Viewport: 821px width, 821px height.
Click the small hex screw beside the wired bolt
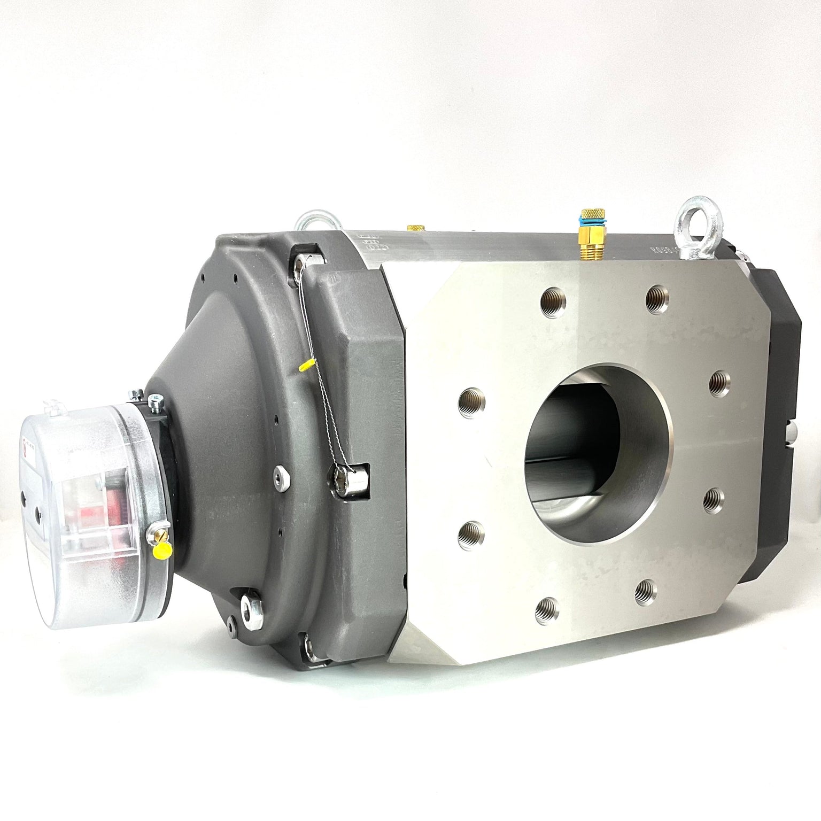pyautogui.click(x=278, y=472)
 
